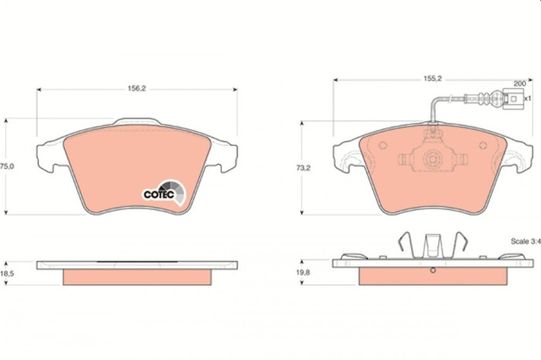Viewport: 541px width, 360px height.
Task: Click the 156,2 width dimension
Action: point(137,89)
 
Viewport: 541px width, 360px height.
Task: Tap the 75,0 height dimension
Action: point(6,166)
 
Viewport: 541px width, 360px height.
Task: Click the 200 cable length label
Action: point(519,82)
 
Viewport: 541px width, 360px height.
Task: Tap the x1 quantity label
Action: point(528,98)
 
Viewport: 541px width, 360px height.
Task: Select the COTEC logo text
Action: point(158,194)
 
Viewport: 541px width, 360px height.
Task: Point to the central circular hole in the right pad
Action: point(433,160)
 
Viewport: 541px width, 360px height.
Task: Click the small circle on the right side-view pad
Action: point(433,270)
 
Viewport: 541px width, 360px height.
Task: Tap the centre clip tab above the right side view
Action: point(433,245)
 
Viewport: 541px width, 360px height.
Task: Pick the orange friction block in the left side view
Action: point(136,276)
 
